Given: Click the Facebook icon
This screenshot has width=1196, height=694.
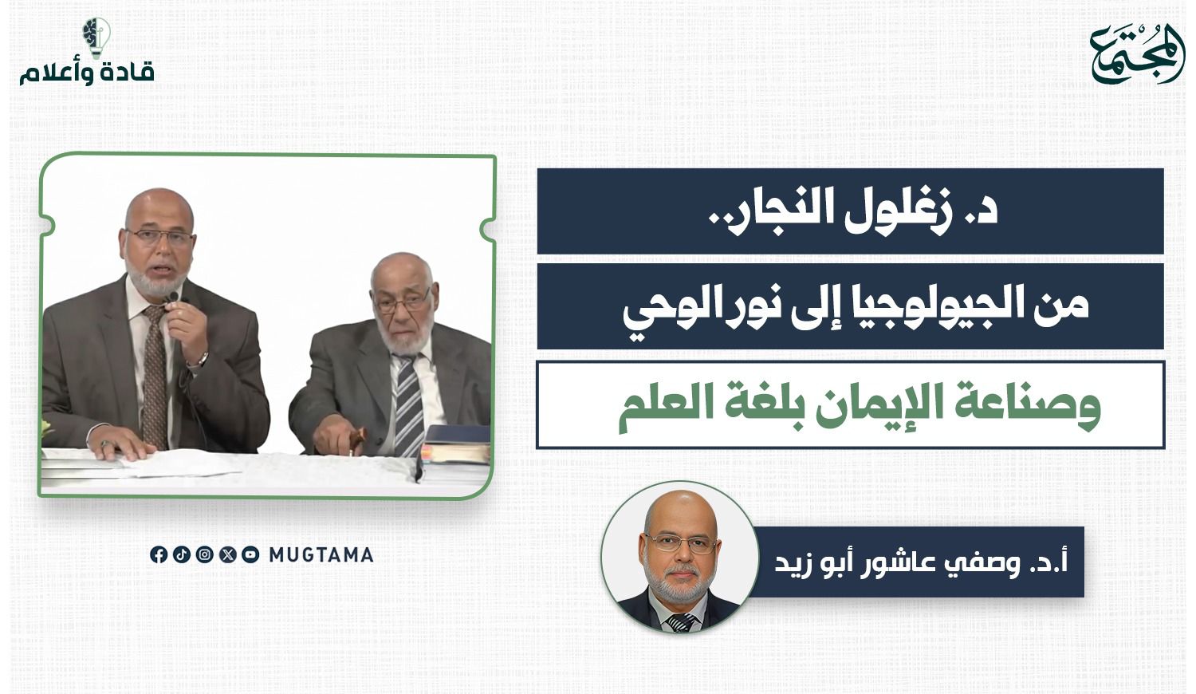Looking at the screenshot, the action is click(x=159, y=554).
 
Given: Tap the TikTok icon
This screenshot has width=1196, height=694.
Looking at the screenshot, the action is click(x=182, y=554).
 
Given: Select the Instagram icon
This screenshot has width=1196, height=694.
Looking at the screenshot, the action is click(x=204, y=554).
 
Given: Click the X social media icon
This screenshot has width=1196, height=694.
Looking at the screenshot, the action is click(x=227, y=554).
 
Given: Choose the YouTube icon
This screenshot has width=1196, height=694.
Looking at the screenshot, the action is click(x=250, y=554).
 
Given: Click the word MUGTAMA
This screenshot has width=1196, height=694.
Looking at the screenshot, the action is click(x=321, y=555).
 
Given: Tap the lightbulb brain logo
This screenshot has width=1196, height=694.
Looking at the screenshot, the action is click(x=96, y=37).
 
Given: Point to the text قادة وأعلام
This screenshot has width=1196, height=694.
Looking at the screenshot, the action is click(x=87, y=73).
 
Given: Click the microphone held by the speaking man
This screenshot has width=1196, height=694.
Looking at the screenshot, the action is click(x=172, y=298).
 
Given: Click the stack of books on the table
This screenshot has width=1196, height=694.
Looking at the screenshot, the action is click(x=458, y=444).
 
